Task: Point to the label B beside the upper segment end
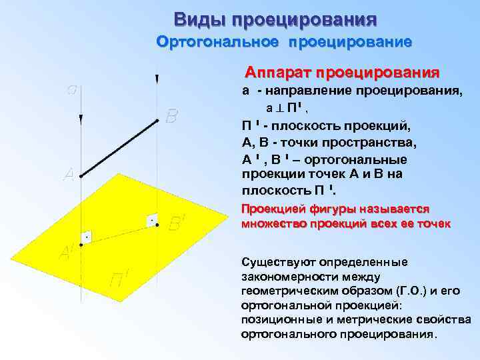click(171, 117)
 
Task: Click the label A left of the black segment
click(68, 175)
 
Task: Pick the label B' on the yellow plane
click(175, 223)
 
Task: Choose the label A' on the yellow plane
click(67, 253)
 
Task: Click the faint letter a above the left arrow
click(72, 89)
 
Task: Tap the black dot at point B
click(157, 121)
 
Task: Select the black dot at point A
click(80, 176)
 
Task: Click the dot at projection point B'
click(157, 225)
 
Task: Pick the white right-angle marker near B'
click(152, 219)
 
